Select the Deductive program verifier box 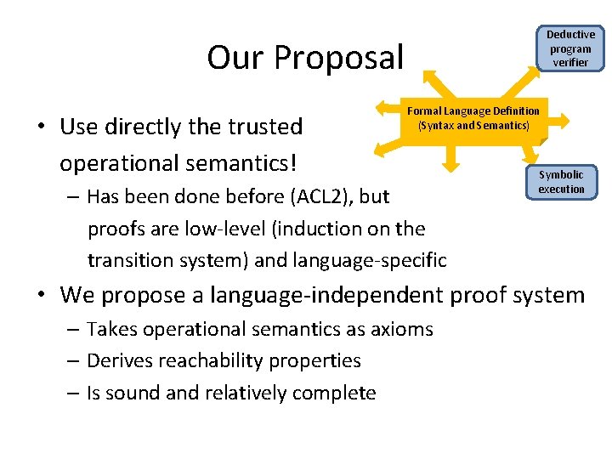tap(570, 48)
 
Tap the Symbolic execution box tap(561, 182)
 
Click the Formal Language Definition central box tap(473, 118)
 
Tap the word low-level tap(193, 229)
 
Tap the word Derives tap(117, 360)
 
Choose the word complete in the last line tap(333, 393)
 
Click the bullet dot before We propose tap(42, 296)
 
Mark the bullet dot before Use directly tap(42, 127)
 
